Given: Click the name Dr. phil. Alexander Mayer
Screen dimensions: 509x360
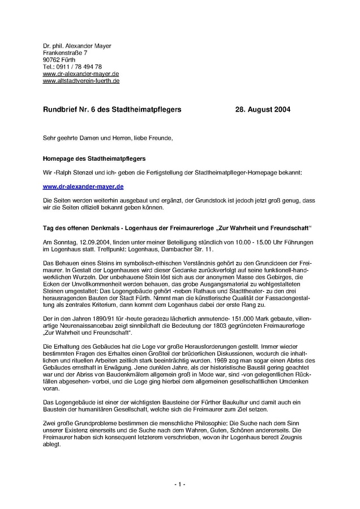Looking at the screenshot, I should [x=77, y=45].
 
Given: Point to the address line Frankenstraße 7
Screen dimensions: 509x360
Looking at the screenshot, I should [x=65, y=53].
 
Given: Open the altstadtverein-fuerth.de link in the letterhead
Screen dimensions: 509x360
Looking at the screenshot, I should [x=81, y=81].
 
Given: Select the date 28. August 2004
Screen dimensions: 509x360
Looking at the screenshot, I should [x=262, y=109].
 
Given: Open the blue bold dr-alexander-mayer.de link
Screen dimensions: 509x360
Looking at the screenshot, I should [x=83, y=186].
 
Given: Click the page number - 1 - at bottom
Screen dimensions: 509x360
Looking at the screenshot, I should [x=179, y=485].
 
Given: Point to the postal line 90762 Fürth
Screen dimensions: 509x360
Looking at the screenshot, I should [x=59, y=59].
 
